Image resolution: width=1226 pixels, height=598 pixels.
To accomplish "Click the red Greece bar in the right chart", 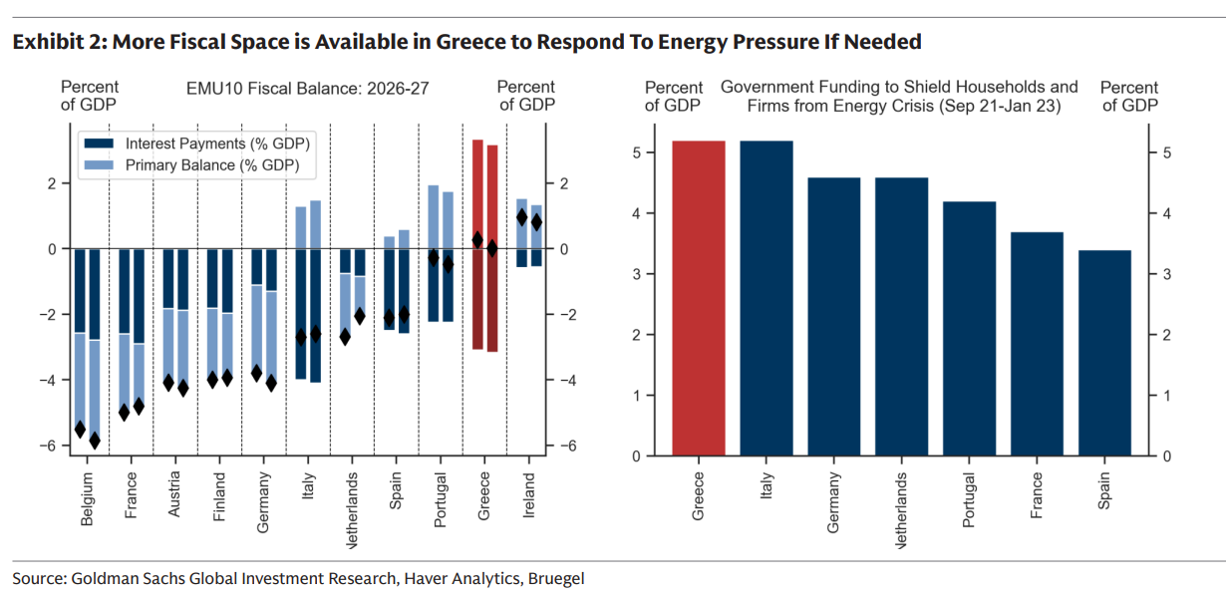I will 699,299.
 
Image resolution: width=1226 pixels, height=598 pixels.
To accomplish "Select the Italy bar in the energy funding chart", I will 766,299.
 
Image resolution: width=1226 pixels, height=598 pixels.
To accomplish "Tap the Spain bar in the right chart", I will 1104,353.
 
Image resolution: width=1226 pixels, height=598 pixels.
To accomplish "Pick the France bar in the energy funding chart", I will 1037,344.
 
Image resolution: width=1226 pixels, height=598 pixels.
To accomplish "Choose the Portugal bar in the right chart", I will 969,329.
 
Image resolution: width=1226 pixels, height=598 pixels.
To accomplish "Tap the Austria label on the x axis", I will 175,494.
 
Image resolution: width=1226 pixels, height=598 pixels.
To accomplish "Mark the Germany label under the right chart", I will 833,502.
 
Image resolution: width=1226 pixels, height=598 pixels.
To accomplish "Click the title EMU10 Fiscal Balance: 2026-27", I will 307,88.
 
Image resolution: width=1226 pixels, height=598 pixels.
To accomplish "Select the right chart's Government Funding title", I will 898,96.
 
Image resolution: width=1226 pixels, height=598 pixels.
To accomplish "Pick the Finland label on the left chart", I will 219,495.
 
